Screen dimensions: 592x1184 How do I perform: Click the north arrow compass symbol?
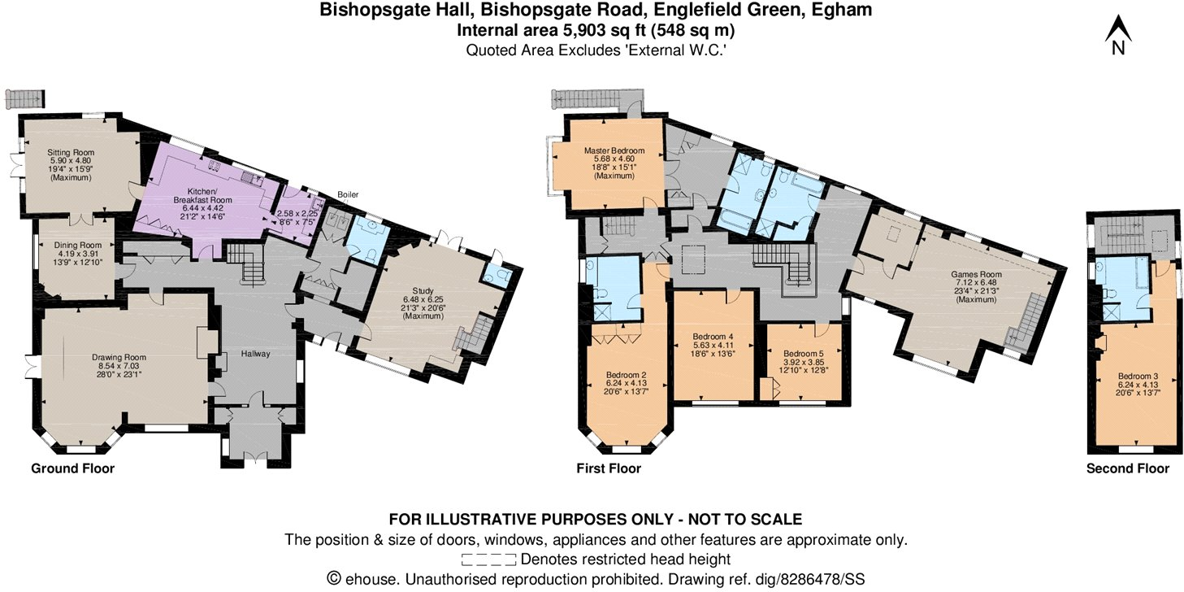pyautogui.click(x=1117, y=37)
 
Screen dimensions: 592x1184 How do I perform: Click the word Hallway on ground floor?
pyautogui.click(x=255, y=354)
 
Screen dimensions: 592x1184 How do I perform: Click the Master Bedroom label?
pyautogui.click(x=614, y=150)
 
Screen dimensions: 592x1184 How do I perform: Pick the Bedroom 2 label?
pyautogui.click(x=627, y=375)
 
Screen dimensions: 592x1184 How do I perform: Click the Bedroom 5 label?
pyautogui.click(x=803, y=354)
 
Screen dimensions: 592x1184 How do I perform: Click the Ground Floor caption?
pyautogui.click(x=72, y=468)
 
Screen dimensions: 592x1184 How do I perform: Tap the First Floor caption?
pyautogui.click(x=609, y=468)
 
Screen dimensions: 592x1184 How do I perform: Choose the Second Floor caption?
pyautogui.click(x=1128, y=468)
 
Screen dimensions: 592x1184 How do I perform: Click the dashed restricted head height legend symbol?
pyautogui.click(x=488, y=559)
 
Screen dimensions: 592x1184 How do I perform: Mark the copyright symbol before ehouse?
pyautogui.click(x=332, y=579)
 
